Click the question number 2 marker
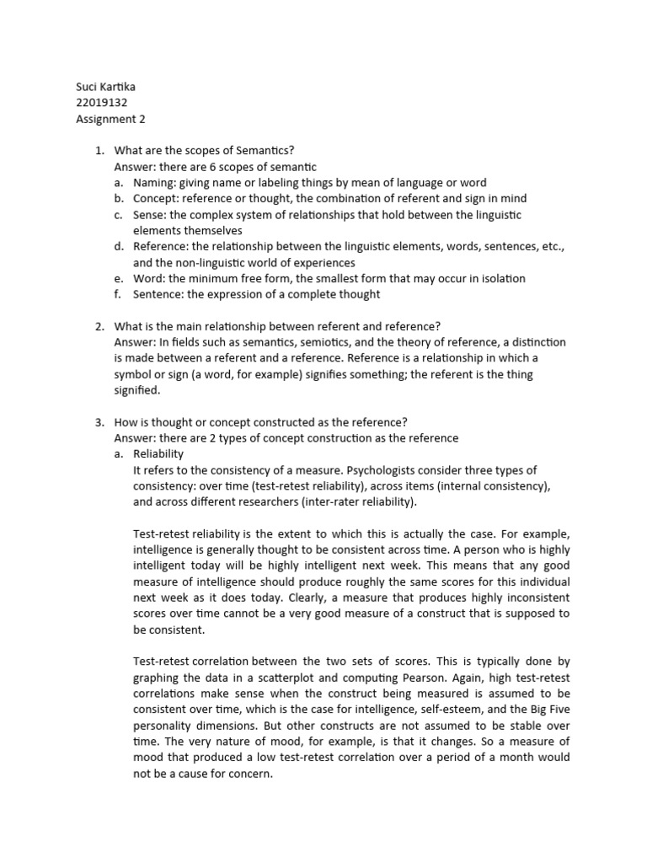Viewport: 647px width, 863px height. [x=99, y=326]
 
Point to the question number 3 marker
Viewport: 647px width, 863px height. [x=99, y=421]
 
